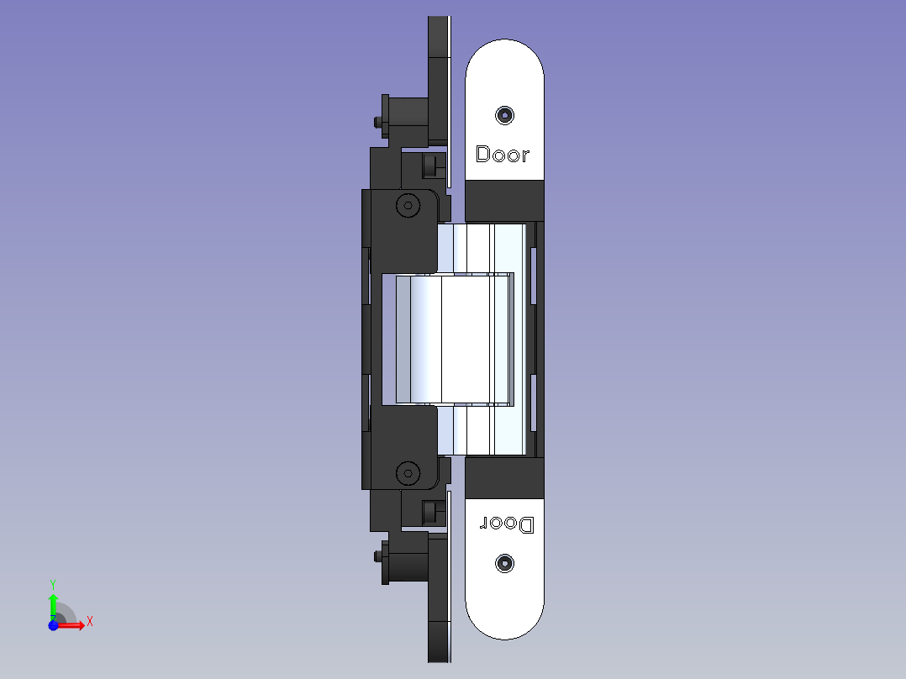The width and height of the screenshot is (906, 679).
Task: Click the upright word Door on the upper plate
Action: tap(502, 154)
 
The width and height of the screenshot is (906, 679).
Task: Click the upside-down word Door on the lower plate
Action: tap(507, 524)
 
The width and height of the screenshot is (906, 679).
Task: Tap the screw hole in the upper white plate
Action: tap(504, 116)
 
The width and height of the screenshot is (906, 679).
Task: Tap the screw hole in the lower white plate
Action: tap(504, 563)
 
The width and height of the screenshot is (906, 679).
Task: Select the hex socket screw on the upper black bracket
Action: tap(408, 206)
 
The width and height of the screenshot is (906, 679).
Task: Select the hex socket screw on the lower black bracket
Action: tap(408, 473)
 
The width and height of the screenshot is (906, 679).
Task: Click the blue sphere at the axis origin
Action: tap(53, 625)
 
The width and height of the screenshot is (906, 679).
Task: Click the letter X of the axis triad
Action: tap(90, 622)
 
